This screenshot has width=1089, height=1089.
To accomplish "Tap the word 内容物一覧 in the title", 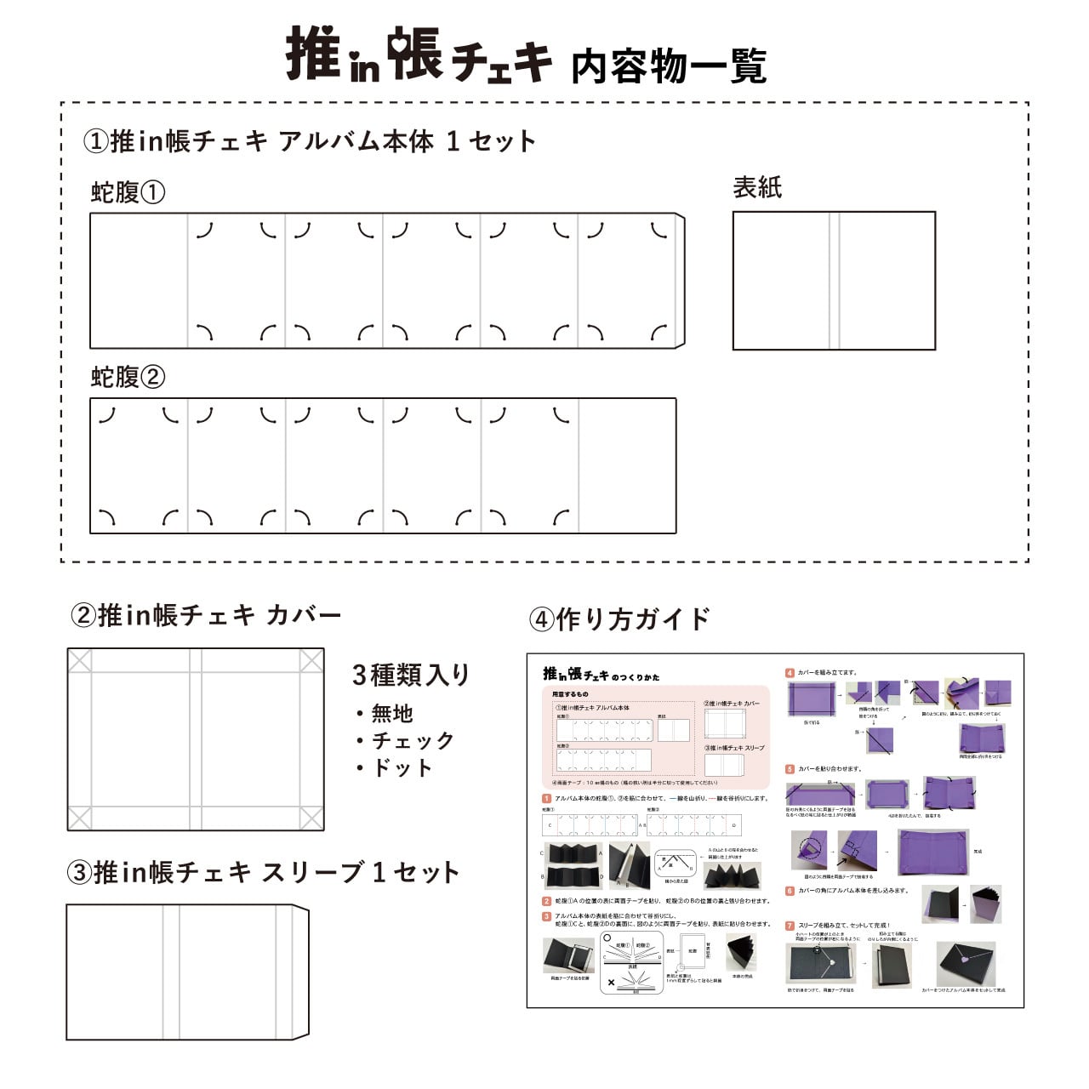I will [669, 66].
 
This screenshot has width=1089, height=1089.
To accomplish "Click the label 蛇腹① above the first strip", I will [128, 192].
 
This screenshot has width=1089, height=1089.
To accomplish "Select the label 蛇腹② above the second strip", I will [128, 377].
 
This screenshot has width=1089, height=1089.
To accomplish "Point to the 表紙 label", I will [757, 187].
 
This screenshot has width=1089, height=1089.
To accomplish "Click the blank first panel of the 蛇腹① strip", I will [139, 281].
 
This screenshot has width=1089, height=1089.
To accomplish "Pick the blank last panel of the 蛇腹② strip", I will [627, 465].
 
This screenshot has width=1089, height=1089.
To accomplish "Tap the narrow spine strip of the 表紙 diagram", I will [835, 281].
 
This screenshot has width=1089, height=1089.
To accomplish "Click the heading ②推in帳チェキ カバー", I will [206, 615].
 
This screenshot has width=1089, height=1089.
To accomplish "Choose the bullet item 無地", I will [391, 713].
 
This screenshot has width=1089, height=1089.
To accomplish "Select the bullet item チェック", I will [413, 740].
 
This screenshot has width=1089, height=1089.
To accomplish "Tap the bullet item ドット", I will [402, 767].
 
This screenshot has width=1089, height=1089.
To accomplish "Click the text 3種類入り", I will [412, 675].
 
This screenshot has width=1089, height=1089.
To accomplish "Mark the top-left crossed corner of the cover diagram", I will [79, 660].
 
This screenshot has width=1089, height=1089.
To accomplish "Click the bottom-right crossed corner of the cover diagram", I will [311, 818].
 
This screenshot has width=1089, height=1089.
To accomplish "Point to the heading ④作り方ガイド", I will [619, 619].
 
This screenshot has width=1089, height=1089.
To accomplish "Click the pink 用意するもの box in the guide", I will [655, 737].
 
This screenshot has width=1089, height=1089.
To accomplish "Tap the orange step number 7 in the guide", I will [790, 925].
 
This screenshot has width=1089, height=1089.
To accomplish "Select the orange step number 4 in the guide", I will [790, 673].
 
